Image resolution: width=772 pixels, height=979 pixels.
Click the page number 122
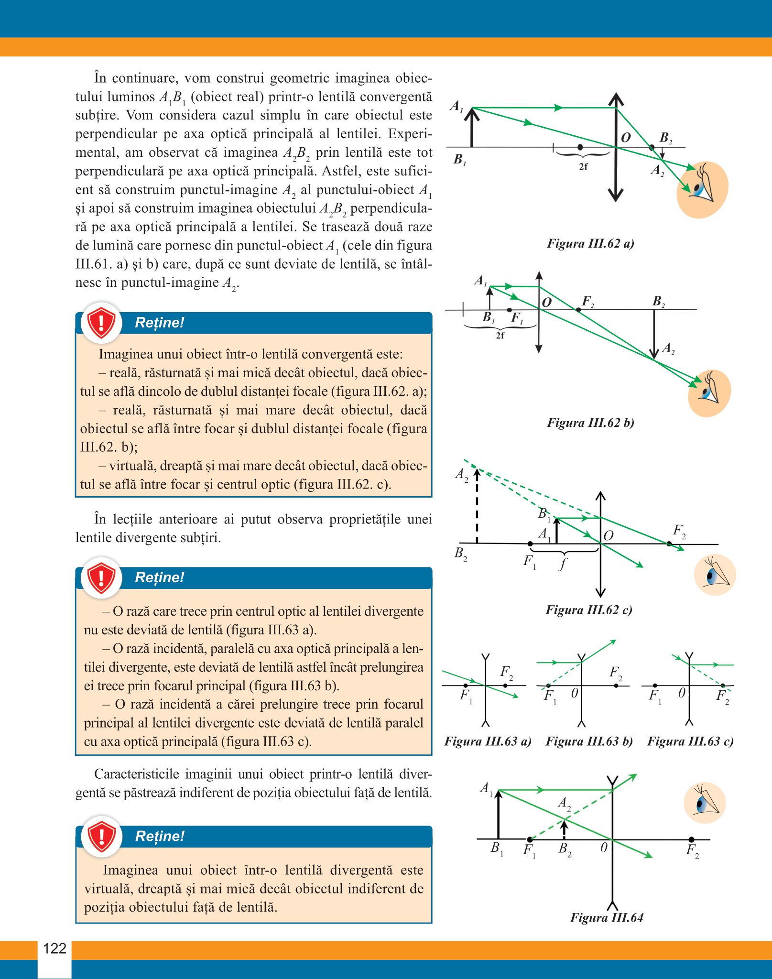pos(54,948)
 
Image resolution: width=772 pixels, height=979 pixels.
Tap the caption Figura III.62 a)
pos(590,243)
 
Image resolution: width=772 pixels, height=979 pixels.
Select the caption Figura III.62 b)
pos(590,423)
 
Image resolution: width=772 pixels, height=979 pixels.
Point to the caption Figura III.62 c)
pos(589,610)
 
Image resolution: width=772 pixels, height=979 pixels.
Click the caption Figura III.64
pos(607,917)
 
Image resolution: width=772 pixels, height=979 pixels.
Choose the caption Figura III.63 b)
pos(589,741)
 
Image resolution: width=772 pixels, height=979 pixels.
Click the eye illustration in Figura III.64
pos(705,803)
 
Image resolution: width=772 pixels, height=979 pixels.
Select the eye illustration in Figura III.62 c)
pos(715,575)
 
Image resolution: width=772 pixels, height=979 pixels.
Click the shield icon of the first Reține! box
pos(101,323)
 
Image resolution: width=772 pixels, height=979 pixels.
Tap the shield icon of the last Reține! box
pos(101,837)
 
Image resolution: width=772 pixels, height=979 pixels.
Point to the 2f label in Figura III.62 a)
pos(583,167)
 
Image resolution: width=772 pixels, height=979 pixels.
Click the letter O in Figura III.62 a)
pos(626,138)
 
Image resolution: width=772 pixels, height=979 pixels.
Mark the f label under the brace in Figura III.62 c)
pos(563,564)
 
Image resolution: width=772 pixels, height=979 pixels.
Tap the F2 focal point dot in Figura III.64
pos(691,839)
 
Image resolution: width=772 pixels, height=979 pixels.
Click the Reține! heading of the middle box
pos(160,577)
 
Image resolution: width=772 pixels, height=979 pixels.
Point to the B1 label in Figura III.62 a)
pos(460,159)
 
